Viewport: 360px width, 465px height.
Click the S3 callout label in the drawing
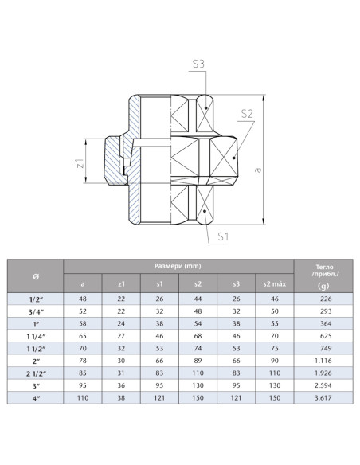tap(199, 62)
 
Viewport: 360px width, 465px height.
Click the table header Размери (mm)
tap(178, 265)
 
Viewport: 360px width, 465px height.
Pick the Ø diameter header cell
tap(36, 275)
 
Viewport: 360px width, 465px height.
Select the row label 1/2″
tap(36, 298)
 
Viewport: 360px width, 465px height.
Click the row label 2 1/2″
tap(36, 373)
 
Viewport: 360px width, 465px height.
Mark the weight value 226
tap(323, 298)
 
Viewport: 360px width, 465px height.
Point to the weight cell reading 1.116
tap(323, 361)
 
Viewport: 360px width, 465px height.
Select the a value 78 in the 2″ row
tap(83, 361)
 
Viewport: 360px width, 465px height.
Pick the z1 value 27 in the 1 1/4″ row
tap(121, 335)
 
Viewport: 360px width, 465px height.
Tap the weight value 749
tap(323, 348)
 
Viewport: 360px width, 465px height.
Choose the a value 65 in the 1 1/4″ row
tap(83, 335)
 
